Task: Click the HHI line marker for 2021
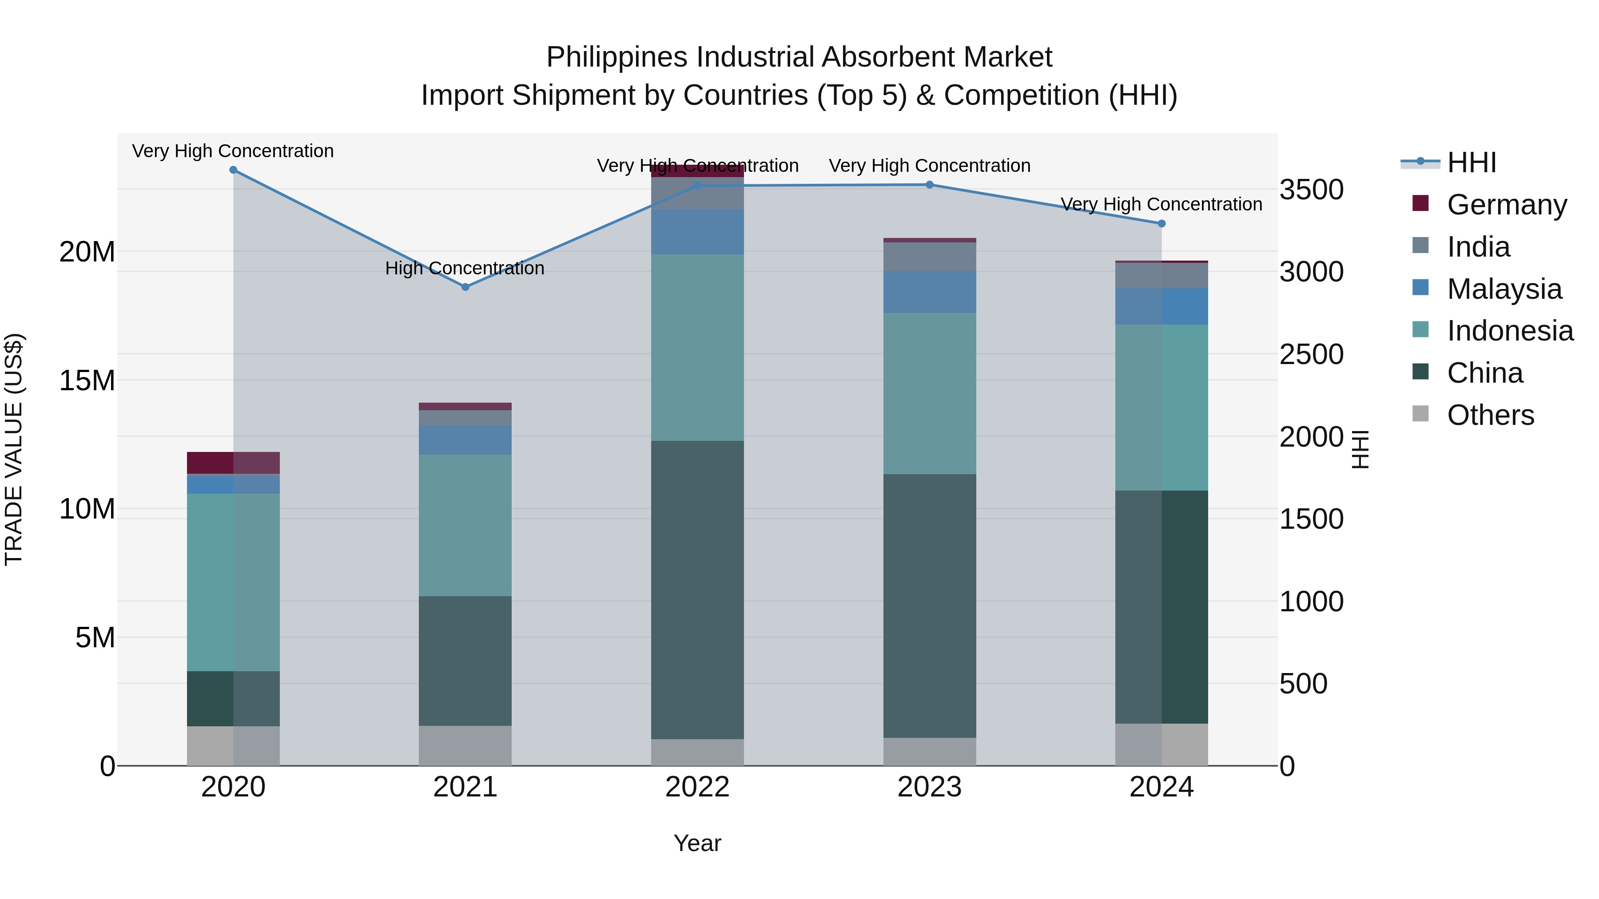[x=465, y=287]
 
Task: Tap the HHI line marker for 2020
[x=233, y=170]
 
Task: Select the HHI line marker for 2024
[x=1161, y=223]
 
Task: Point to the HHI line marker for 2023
[x=929, y=185]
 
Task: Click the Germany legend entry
[x=1507, y=205]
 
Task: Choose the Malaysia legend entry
[x=1504, y=289]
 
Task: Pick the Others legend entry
[x=1490, y=415]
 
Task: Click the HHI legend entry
[x=1471, y=162]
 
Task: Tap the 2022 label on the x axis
[x=697, y=787]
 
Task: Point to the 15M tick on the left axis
[x=87, y=380]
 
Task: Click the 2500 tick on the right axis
[x=1311, y=354]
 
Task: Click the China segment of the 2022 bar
[x=697, y=590]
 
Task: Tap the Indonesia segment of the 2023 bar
[x=929, y=393]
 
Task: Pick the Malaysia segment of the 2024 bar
[x=1161, y=306]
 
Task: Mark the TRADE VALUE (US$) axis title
[x=14, y=449]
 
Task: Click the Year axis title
[x=697, y=843]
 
